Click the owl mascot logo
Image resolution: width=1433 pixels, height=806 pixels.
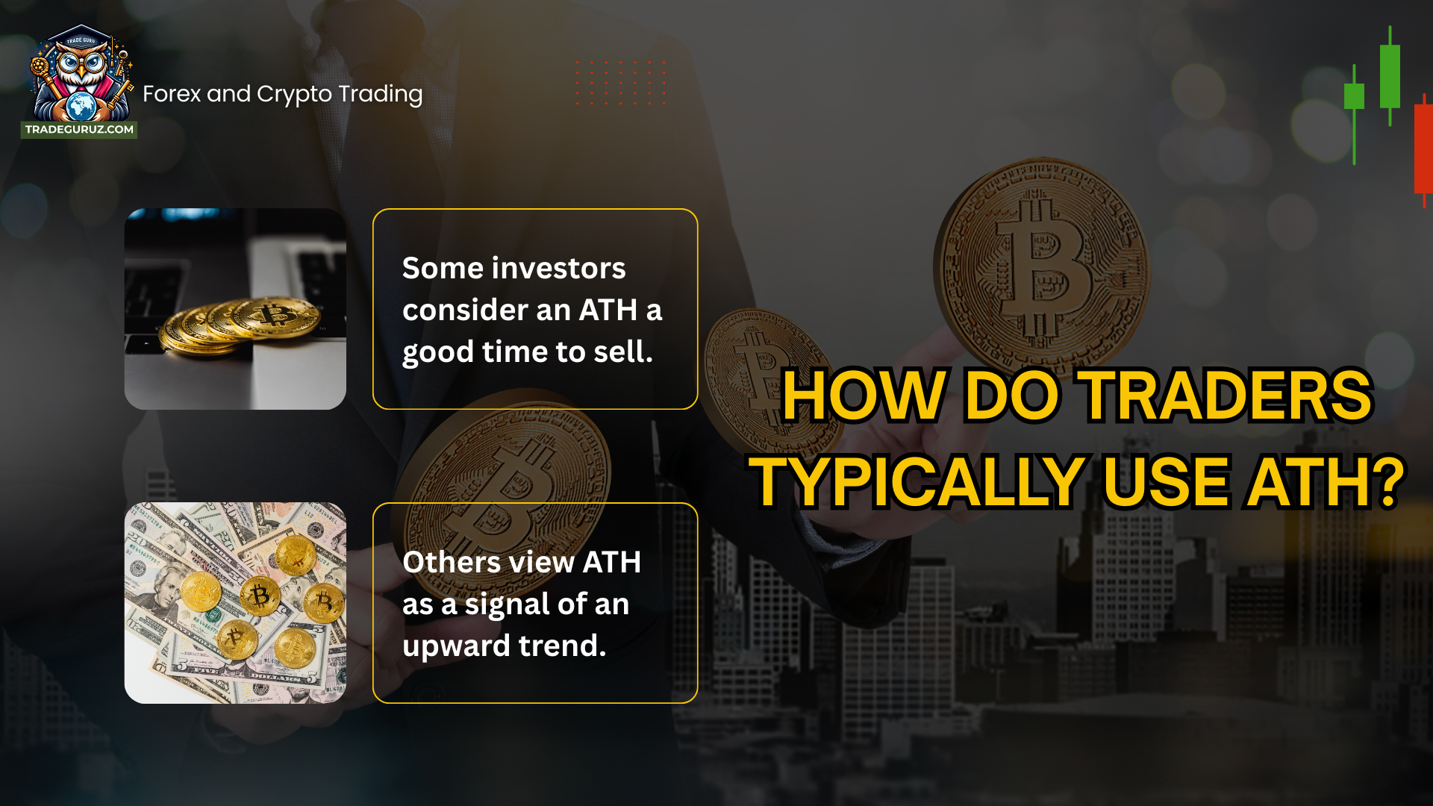[81, 75]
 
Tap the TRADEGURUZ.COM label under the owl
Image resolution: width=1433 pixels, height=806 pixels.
[79, 129]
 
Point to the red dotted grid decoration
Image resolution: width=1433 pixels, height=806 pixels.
[620, 83]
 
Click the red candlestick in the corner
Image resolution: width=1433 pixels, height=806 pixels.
[1423, 149]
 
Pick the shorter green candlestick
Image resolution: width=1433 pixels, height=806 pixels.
[1354, 97]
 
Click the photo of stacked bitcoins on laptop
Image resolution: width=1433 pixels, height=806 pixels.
[235, 309]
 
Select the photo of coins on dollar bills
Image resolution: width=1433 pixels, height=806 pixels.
[235, 603]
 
